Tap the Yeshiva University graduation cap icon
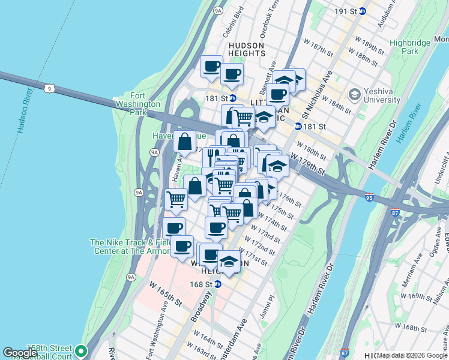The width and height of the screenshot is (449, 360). (354, 95)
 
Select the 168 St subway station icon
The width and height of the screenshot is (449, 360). (217, 284)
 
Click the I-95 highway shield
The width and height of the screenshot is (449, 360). (368, 197)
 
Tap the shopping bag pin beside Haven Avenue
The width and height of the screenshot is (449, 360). (185, 142)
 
